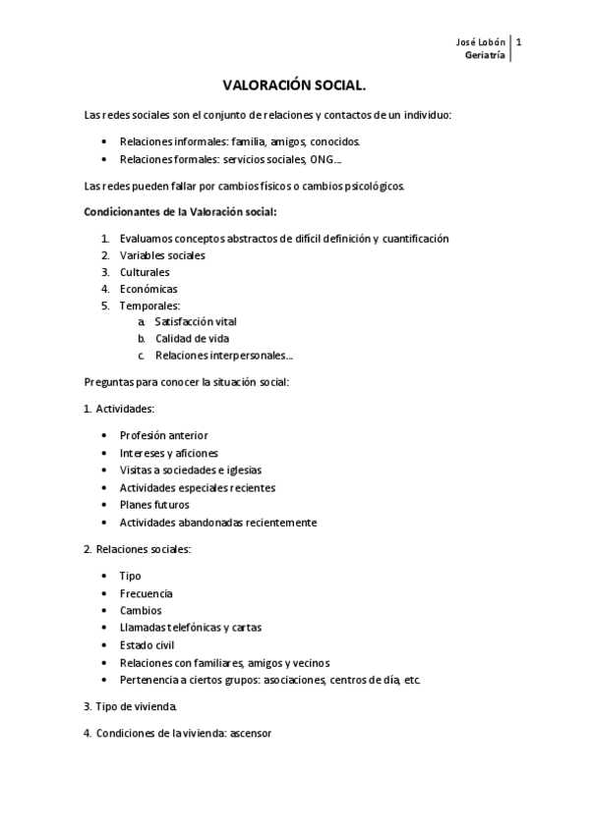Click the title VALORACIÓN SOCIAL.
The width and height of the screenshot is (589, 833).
(294, 86)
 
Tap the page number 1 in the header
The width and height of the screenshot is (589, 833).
(519, 41)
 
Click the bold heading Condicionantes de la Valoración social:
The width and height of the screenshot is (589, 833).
(181, 211)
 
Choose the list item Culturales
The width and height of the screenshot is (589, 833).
(145, 272)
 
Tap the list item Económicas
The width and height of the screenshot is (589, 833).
(148, 289)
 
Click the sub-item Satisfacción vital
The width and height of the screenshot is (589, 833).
(196, 321)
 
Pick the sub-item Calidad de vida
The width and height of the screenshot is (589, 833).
(192, 338)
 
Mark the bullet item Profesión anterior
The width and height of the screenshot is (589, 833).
(163, 435)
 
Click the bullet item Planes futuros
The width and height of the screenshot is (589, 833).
(154, 505)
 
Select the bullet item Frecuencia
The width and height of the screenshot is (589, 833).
(147, 593)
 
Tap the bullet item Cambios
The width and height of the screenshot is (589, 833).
(141, 610)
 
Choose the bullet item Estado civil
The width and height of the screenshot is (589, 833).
(147, 645)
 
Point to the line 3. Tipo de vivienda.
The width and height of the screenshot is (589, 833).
(131, 705)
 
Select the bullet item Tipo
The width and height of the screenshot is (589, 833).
(131, 576)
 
